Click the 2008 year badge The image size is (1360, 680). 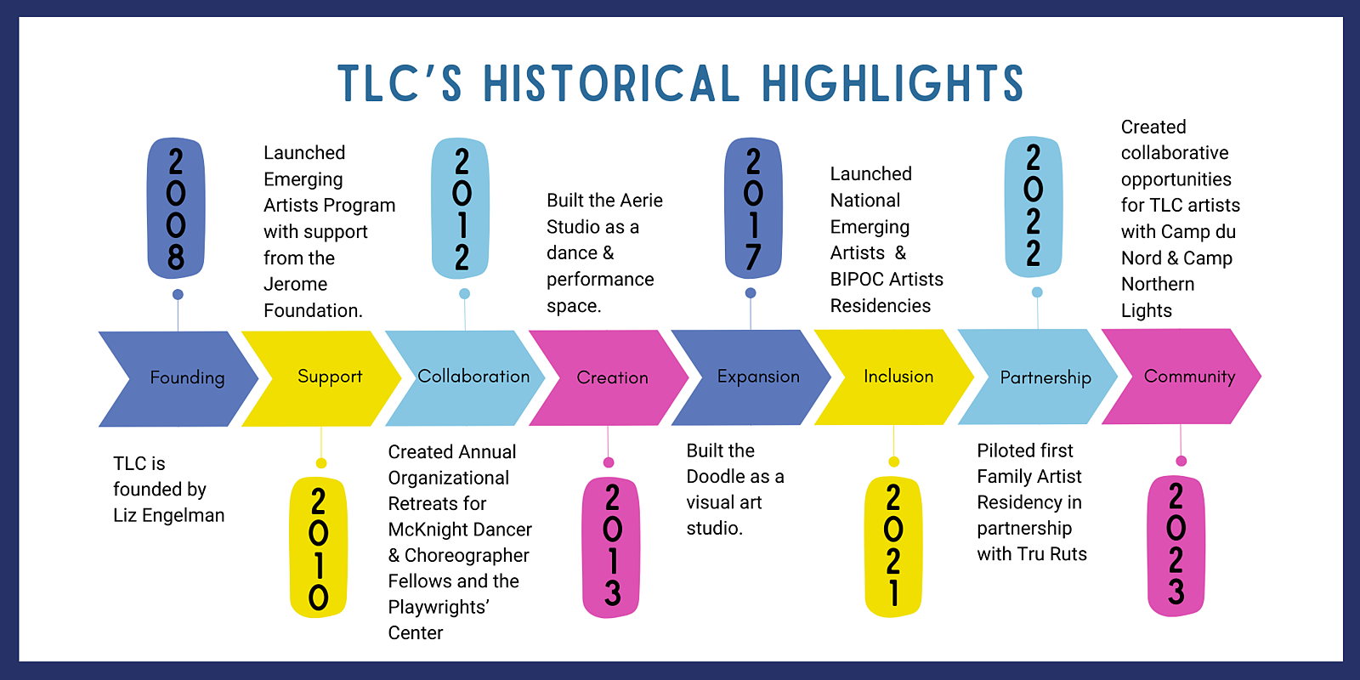[176, 208]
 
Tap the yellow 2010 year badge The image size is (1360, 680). [319, 547]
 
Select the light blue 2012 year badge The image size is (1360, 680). [461, 208]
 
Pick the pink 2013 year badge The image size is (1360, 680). [611, 547]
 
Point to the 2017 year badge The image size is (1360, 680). [753, 208]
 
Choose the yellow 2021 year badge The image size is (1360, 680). [893, 547]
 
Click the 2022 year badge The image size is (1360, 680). [1034, 207]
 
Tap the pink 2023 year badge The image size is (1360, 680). [1176, 546]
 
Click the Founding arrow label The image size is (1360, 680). [187, 377]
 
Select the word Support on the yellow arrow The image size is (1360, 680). [330, 377]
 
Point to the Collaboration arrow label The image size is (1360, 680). [473, 377]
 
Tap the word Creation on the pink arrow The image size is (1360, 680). [612, 377]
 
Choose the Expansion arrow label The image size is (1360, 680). [758, 377]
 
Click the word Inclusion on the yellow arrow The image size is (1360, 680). [898, 377]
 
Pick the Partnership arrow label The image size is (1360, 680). [1045, 377]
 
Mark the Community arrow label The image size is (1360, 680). [1189, 377]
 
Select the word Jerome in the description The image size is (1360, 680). [295, 284]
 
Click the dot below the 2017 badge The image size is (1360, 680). [751, 292]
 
